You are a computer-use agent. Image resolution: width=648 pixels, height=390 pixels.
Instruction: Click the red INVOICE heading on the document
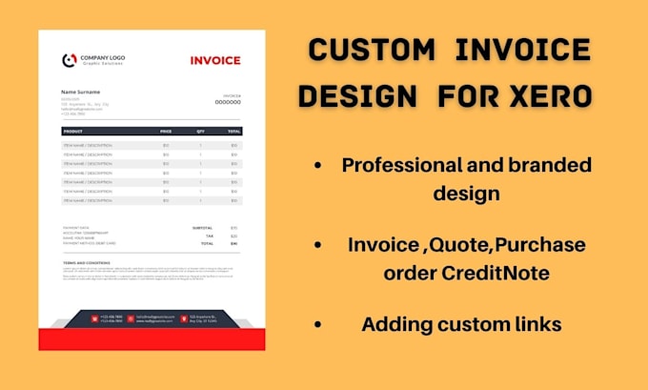[215, 60]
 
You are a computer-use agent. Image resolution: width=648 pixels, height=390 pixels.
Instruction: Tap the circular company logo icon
[69, 60]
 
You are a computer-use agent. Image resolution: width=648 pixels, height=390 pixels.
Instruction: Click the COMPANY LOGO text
[102, 57]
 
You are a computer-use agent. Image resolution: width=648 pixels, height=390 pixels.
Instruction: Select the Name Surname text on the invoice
[81, 92]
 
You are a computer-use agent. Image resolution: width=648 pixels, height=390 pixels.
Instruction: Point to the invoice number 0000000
[228, 102]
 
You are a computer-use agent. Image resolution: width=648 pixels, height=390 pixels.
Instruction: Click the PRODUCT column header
[73, 131]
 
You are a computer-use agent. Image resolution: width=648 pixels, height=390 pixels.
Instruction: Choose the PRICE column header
[166, 131]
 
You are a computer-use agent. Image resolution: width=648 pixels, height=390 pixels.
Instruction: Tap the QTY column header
[200, 131]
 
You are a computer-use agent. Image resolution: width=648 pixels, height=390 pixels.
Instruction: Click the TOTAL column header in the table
[233, 131]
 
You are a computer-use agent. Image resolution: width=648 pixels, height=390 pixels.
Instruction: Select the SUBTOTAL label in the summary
[203, 228]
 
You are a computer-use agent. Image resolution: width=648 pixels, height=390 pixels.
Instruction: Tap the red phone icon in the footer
[94, 318]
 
